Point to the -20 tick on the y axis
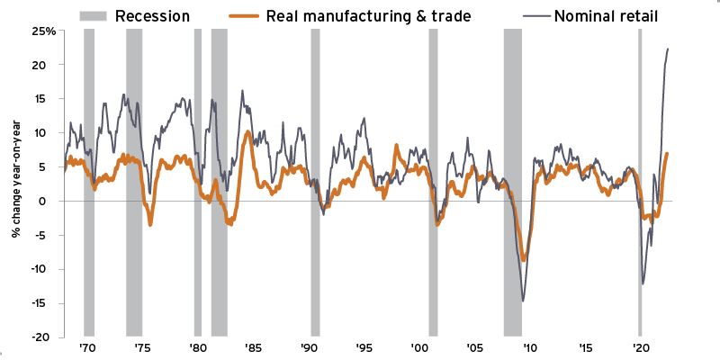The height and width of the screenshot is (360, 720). coord(47,337)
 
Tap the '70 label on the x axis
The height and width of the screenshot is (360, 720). coord(87,348)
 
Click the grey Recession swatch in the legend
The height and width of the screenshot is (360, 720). coord(94,14)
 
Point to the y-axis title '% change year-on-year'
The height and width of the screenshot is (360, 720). coord(16,184)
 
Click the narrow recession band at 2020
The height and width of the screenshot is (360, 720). coord(640,180)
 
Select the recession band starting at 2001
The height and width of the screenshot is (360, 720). coord(433,180)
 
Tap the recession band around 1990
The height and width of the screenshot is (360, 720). coord(315,180)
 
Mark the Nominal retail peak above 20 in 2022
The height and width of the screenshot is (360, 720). coord(668,49)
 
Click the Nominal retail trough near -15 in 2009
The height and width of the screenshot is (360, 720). coord(523,301)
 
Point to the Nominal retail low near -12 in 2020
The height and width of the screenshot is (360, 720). coord(643,283)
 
